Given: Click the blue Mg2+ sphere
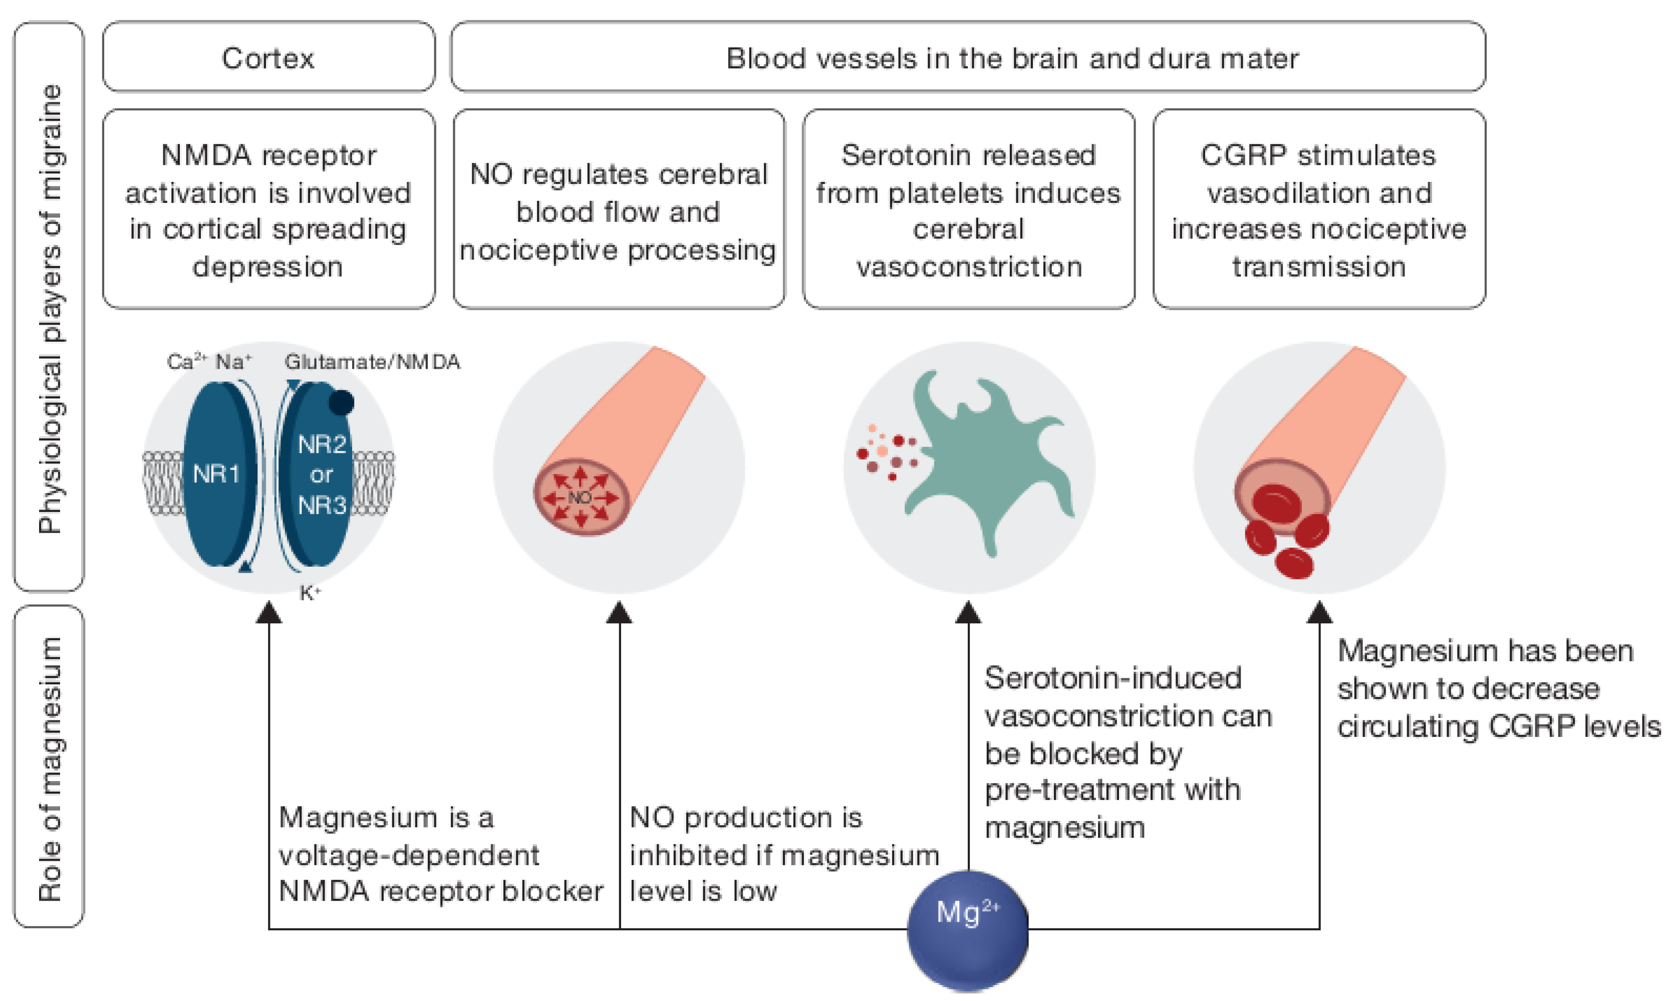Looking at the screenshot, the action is (x=968, y=930).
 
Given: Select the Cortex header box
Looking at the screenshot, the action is (x=268, y=57).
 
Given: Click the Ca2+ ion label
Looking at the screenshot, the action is (x=187, y=362).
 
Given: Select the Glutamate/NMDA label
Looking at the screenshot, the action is (x=372, y=362).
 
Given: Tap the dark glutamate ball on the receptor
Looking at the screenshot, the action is (x=341, y=403).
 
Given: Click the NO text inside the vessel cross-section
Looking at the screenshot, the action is (x=580, y=497).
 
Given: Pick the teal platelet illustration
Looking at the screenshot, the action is (x=988, y=462).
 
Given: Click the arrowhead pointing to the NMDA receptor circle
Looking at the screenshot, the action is (x=269, y=612).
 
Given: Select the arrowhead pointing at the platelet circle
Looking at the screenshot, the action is (x=968, y=612).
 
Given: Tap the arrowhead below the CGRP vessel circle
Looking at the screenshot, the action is (x=1319, y=612).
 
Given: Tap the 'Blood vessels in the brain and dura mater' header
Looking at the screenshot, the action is (x=1012, y=58).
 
